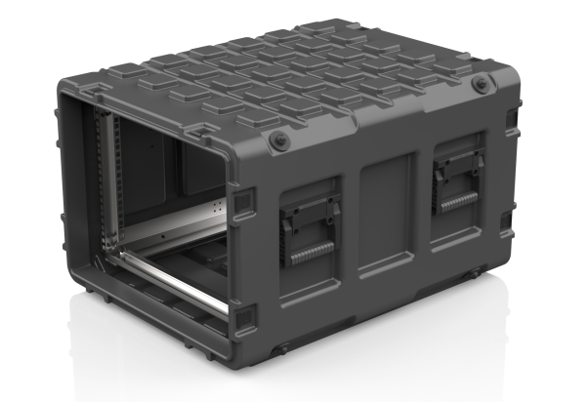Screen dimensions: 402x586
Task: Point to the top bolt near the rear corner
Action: [480, 86]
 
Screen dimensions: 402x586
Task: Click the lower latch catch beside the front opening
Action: [244, 316]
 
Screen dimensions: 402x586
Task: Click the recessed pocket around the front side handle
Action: [309, 225]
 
